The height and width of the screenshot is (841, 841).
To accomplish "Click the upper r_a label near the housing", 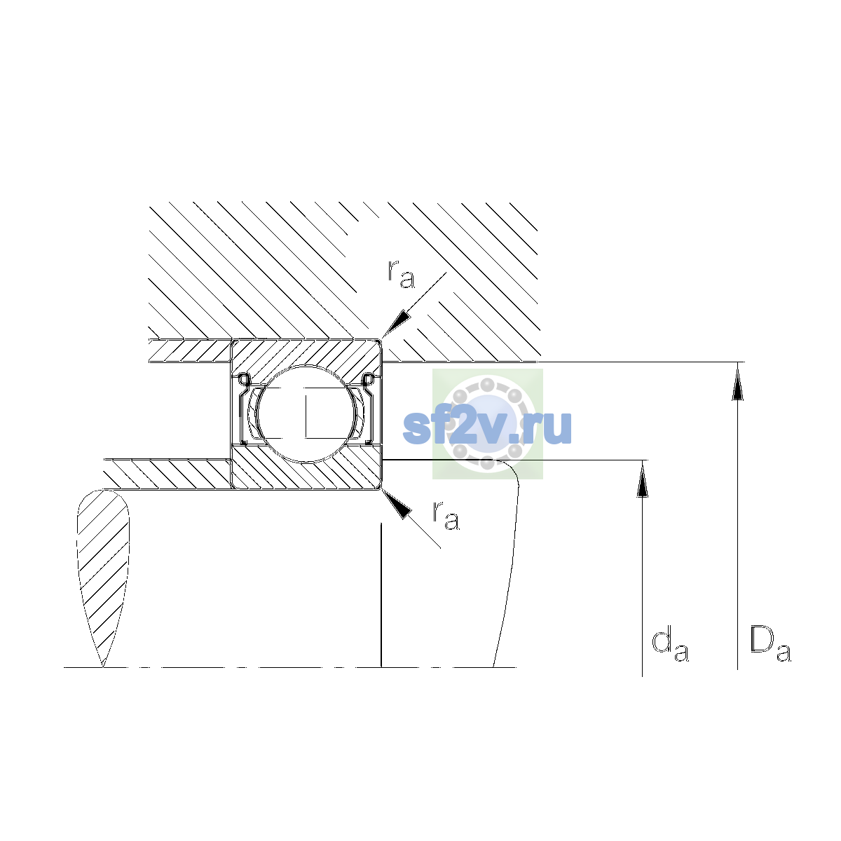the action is [401, 274].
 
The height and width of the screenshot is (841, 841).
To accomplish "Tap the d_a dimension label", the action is [669, 646].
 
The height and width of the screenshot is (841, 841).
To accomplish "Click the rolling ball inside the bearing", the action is [306, 413].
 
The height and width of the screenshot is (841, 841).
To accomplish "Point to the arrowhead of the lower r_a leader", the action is [396, 503].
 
